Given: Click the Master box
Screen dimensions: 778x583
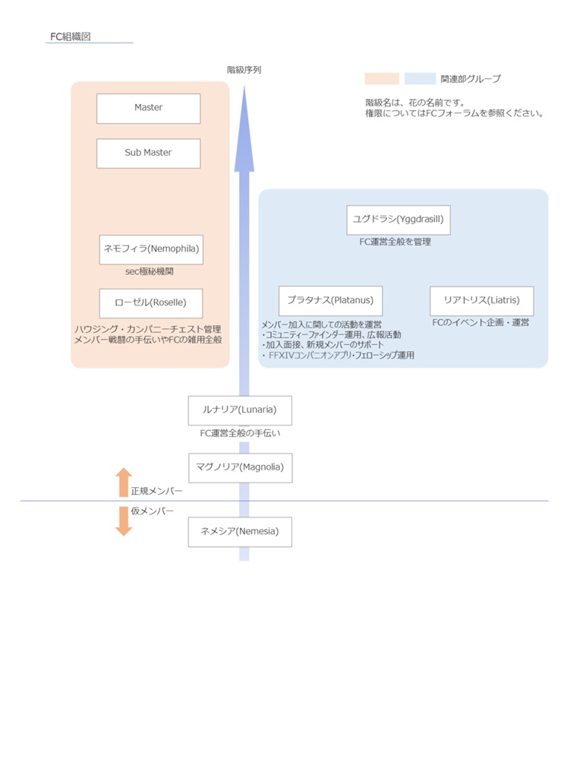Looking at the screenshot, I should [148, 108].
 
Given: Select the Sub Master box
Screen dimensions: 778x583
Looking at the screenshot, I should [148, 153].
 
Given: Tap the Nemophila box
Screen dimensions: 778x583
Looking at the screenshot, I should [151, 249].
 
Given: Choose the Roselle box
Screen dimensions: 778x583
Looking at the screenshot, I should [151, 302].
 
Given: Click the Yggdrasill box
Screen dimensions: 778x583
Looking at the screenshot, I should [398, 220].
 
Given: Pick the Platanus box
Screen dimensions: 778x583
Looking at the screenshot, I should [330, 301].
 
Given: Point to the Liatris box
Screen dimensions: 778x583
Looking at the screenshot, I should [481, 301].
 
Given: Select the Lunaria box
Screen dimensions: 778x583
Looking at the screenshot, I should [239, 410].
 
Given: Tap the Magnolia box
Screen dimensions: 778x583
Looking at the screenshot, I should [239, 467].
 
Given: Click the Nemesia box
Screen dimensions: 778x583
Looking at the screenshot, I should [239, 532].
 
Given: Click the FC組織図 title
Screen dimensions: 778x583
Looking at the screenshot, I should [70, 36].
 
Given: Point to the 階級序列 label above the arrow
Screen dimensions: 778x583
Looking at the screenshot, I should [244, 70].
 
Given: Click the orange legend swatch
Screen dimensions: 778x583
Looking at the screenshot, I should [382, 78].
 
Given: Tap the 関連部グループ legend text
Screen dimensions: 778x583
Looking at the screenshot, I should [471, 79].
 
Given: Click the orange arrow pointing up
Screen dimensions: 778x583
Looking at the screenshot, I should [123, 482].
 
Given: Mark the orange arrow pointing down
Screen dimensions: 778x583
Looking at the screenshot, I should [123, 521].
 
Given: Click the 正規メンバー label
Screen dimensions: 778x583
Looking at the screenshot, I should [156, 492].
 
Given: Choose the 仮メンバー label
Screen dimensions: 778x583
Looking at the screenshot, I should [152, 511].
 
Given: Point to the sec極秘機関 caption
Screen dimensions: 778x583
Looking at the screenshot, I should [151, 271].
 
